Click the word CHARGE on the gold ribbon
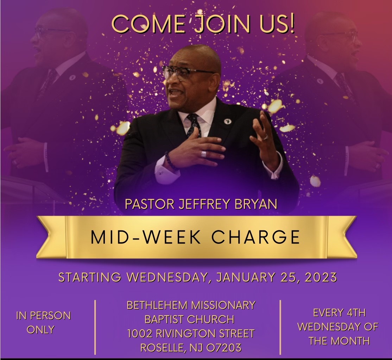(255, 237)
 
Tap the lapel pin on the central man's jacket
(228, 121)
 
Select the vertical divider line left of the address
(95, 327)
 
